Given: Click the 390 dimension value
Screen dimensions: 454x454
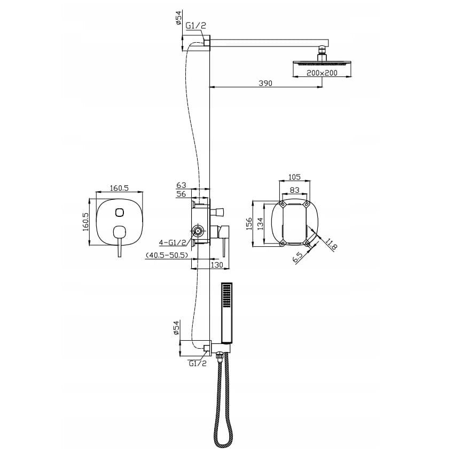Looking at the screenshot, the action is (x=265, y=83).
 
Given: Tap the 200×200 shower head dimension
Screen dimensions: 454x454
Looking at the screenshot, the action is (x=322, y=73).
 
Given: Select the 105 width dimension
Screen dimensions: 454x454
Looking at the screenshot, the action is (x=294, y=177).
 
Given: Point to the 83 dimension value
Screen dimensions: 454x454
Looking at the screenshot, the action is (x=294, y=190).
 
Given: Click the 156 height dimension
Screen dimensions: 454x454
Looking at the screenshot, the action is (x=249, y=224).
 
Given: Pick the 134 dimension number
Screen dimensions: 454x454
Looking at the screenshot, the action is (x=261, y=224).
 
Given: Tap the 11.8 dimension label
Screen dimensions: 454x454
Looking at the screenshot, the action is (x=331, y=244).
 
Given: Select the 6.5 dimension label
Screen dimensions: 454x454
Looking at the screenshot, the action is (x=298, y=257).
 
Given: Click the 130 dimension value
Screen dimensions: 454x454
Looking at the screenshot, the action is (x=217, y=264).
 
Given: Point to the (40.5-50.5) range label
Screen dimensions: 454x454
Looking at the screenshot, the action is (x=167, y=255).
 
